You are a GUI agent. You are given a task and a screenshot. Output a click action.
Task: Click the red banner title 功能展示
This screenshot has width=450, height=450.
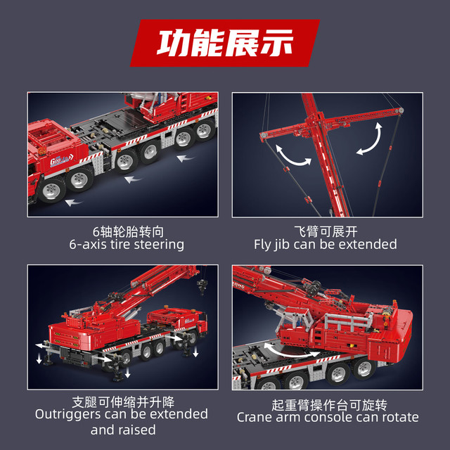[225, 43]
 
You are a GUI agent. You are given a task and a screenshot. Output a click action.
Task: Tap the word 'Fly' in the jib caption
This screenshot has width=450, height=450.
[262, 245]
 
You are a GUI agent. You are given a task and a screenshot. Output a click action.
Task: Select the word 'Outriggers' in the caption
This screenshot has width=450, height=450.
[67, 415]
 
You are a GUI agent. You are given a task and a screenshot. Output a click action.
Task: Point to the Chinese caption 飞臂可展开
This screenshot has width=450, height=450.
[326, 231]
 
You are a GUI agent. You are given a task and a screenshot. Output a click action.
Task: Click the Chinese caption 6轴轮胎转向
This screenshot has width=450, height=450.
[128, 231]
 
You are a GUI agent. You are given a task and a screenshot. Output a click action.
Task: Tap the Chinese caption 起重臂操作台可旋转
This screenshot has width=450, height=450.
[329, 405]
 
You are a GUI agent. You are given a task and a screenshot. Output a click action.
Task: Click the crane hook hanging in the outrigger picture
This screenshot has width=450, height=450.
[202, 285]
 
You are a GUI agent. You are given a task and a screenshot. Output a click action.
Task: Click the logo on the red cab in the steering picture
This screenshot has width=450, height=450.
[62, 160]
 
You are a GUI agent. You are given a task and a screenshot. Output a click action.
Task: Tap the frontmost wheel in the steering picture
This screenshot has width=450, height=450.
[52, 189]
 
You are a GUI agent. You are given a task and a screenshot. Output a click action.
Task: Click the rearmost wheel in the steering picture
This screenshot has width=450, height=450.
[204, 130]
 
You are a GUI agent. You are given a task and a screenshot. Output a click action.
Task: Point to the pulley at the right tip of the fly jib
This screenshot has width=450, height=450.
[399, 110]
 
